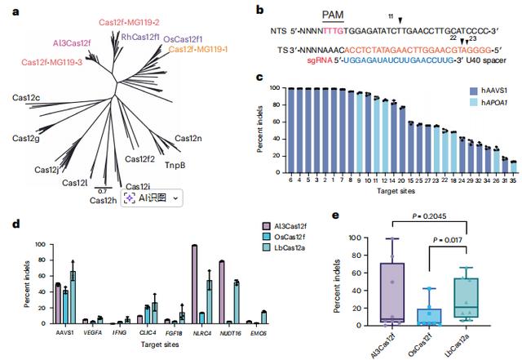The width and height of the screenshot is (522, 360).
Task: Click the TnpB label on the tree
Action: [x=175, y=165]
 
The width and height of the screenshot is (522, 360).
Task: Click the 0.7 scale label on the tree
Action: [x=103, y=191]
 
